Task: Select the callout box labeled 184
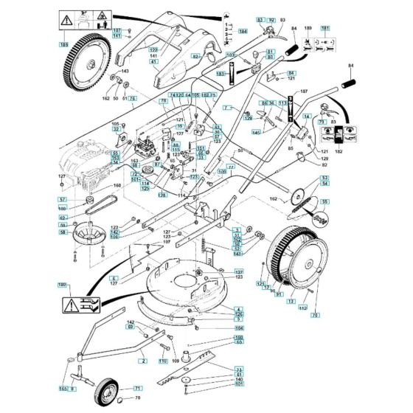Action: (x=242, y=30)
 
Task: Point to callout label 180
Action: (x=62, y=284)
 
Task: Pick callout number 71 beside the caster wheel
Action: (x=137, y=388)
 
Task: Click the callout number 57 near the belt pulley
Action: (x=63, y=200)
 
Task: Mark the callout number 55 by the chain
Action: (x=324, y=201)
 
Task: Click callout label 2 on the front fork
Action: (x=143, y=361)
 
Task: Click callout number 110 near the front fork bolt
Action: (x=163, y=362)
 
